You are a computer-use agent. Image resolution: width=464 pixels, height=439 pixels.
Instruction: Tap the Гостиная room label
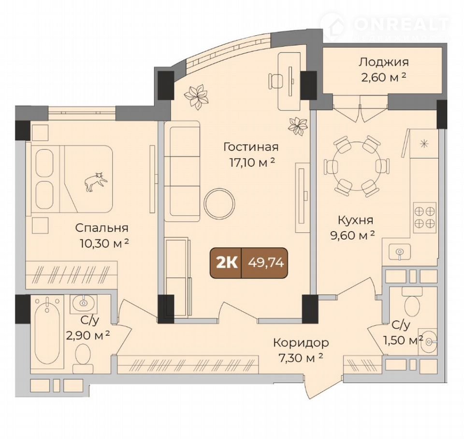[251, 147]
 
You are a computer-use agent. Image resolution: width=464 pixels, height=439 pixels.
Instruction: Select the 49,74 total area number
[266, 262]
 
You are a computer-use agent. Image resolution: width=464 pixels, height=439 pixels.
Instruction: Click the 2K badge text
[227, 262]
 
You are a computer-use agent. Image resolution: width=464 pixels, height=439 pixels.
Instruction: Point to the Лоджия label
[384, 62]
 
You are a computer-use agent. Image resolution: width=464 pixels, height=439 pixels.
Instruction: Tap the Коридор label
[301, 343]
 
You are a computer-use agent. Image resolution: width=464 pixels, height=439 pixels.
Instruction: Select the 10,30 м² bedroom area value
[104, 244]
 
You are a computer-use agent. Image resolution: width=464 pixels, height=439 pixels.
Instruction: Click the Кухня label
[355, 220]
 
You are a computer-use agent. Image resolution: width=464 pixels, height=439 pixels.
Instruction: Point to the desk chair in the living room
[275, 81]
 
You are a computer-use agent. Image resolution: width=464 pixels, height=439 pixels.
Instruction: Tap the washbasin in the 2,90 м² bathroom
[83, 302]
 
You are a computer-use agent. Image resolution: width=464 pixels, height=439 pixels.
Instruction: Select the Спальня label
[101, 228]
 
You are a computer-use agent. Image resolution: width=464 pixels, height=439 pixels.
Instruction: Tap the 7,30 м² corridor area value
[301, 358]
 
